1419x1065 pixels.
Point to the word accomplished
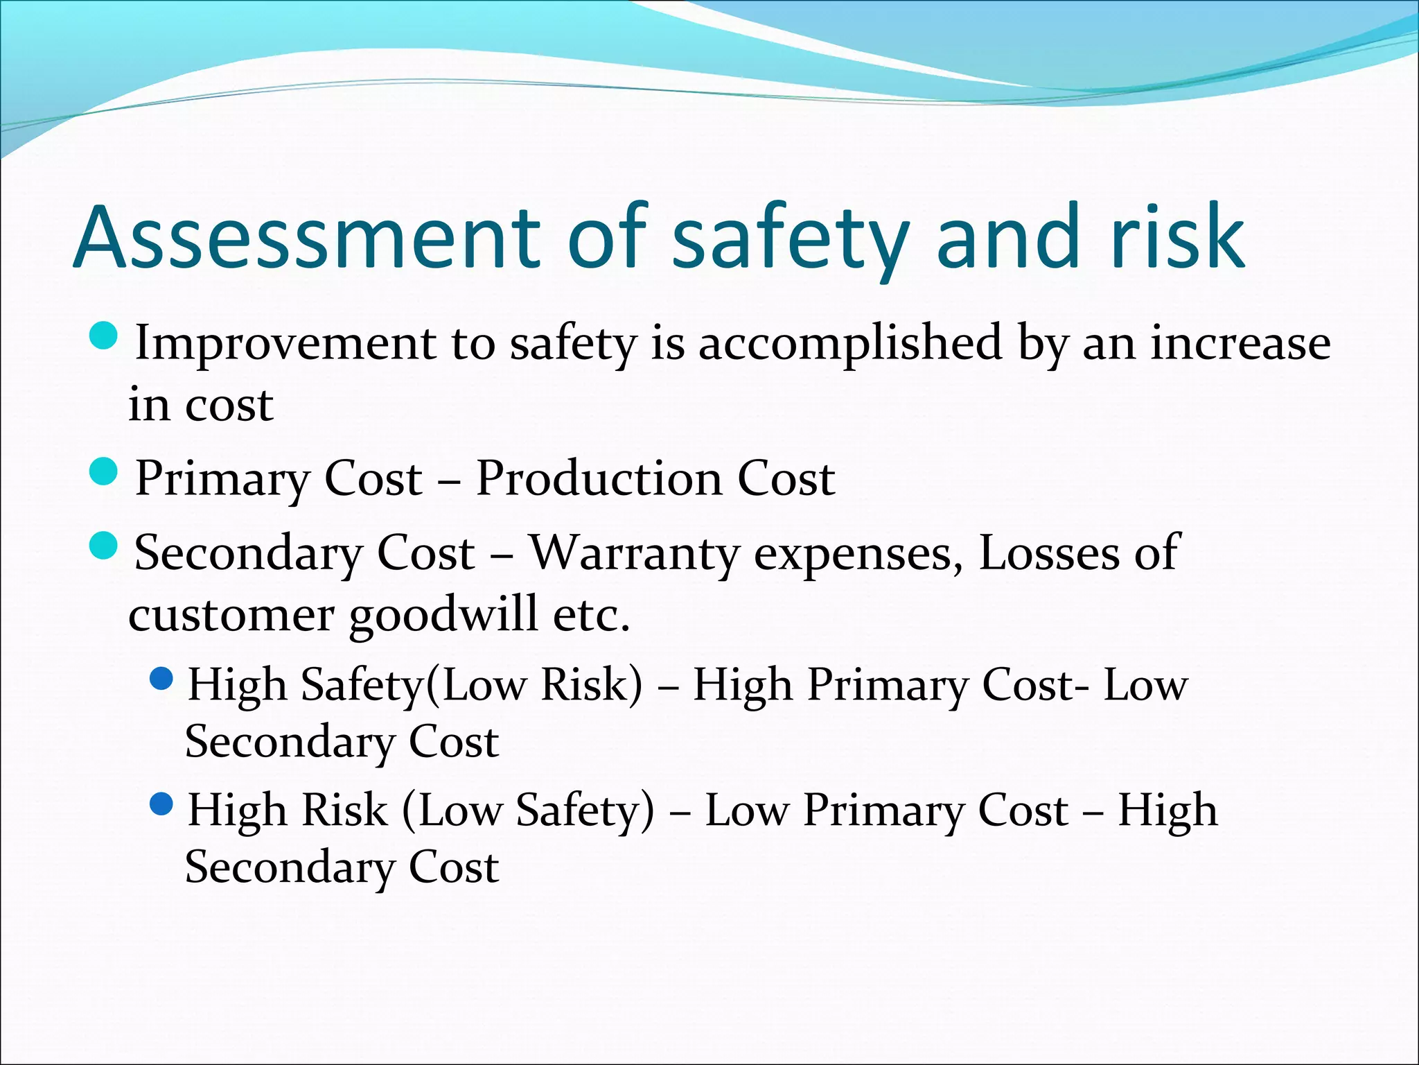coord(850,343)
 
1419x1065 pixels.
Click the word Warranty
coord(635,553)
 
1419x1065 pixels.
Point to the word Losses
coord(1049,553)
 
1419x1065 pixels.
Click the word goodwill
coord(443,614)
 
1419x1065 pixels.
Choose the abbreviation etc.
coord(592,614)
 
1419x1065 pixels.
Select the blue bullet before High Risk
coord(161,804)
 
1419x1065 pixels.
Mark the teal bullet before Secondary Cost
coord(105,546)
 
